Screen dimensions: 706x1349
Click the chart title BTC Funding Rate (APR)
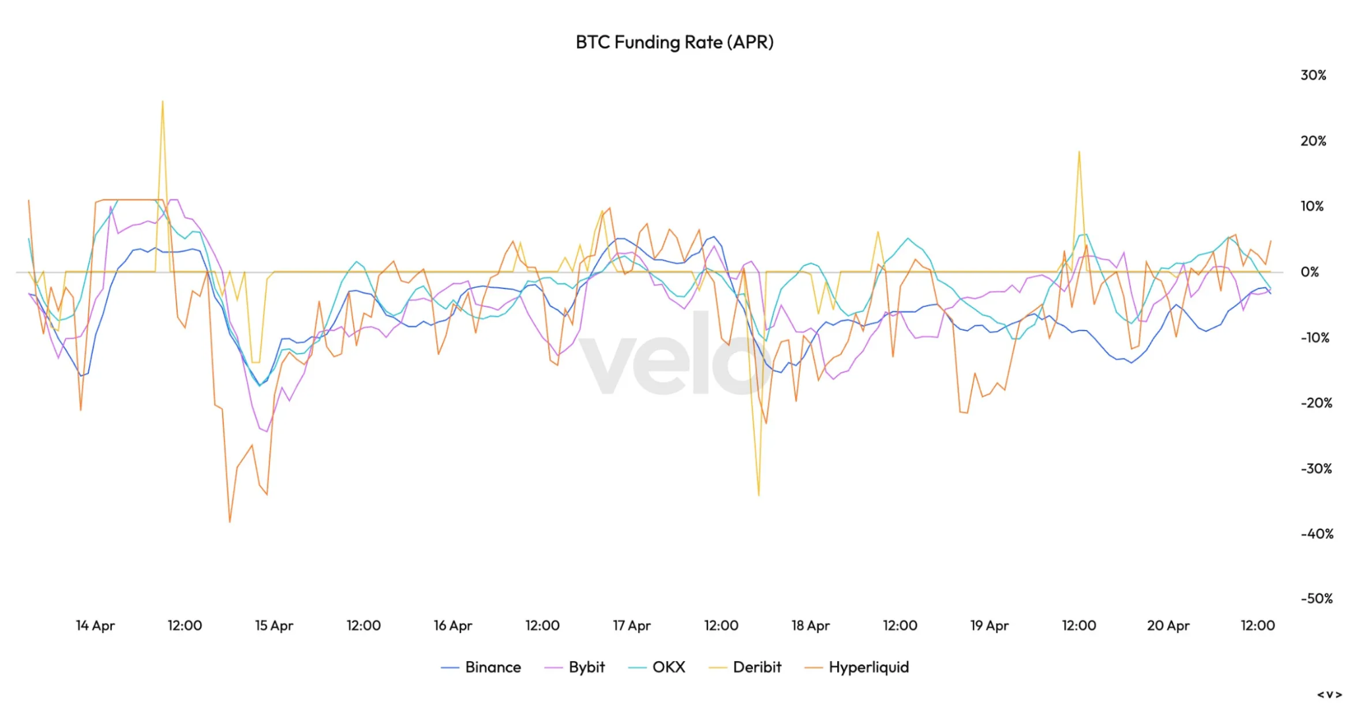point(674,42)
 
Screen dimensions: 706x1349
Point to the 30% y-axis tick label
point(1313,75)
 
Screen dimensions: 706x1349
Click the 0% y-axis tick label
point(1309,272)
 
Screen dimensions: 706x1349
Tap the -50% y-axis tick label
point(1316,599)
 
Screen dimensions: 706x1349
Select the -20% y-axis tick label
point(1316,403)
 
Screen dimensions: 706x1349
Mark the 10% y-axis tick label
point(1311,206)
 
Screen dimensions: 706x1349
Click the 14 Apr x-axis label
point(95,626)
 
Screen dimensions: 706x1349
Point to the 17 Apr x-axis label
point(631,626)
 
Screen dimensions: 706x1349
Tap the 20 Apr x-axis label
point(1168,626)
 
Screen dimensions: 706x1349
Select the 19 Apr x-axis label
point(989,626)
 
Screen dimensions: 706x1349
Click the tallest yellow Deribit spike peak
point(163,101)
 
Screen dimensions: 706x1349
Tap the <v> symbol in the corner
point(1329,694)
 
